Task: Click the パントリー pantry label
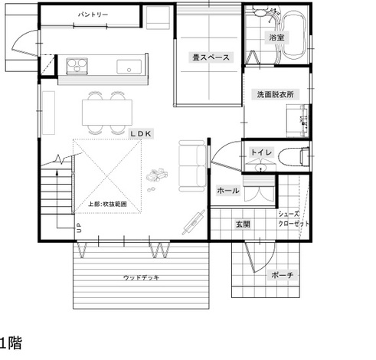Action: coord(93,15)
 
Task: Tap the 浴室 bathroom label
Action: coord(276,38)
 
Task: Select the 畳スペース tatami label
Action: coord(211,57)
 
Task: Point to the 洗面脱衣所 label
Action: coord(275,94)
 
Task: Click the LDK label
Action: coord(141,133)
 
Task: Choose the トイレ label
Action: coord(261,152)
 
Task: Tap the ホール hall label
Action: coord(228,191)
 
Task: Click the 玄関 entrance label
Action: coord(243,224)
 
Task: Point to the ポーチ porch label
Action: coord(282,275)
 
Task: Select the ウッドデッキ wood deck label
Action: coord(141,277)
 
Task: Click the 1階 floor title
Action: coord(11,343)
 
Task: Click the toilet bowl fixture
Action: coord(294,156)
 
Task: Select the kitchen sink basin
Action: coord(129,67)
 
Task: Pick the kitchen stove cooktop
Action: coord(77,66)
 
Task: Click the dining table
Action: coord(107,113)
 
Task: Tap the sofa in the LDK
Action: coord(193,166)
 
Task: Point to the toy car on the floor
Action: coord(157,175)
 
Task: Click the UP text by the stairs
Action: coord(79,227)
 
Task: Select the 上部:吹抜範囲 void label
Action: coord(107,205)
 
